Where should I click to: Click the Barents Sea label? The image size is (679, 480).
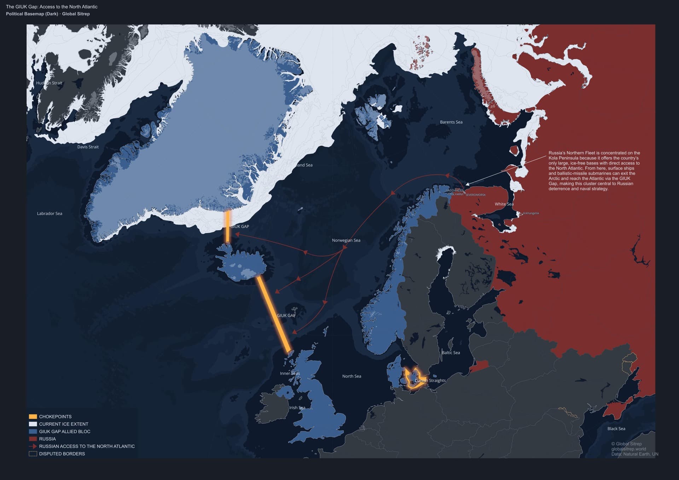tap(451, 122)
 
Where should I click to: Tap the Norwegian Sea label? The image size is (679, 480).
tap(346, 240)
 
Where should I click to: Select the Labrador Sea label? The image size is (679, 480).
tap(50, 213)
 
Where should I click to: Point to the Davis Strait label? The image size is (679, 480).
tap(88, 147)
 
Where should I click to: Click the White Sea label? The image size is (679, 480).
tap(504, 204)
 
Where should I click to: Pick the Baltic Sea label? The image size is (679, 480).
tap(451, 352)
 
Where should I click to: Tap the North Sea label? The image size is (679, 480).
tap(352, 376)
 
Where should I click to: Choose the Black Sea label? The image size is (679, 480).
tap(616, 428)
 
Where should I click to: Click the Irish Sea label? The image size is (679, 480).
tap(297, 408)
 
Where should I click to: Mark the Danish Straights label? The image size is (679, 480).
tap(430, 380)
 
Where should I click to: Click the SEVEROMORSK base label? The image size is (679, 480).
tap(475, 195)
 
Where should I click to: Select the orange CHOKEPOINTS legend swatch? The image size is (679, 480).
tap(33, 416)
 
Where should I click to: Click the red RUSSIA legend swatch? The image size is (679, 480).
tap(33, 439)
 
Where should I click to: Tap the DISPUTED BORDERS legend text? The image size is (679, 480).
tap(62, 453)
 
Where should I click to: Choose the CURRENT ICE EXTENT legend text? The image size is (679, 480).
tap(64, 424)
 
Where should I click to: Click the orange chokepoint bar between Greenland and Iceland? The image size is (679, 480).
tap(228, 226)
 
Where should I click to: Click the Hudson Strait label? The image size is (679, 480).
tap(49, 83)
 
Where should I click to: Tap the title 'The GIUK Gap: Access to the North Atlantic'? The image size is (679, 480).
tap(52, 7)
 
